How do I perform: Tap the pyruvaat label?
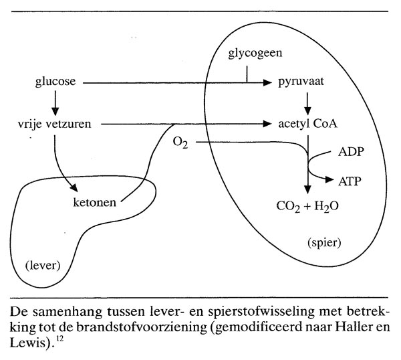pyautogui.click(x=305, y=84)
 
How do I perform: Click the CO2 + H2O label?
pyautogui.click(x=307, y=205)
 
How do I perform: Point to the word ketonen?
pyautogui.click(x=94, y=201)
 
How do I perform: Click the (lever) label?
pyautogui.click(x=41, y=265)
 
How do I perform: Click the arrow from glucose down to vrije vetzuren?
pyautogui.click(x=55, y=103)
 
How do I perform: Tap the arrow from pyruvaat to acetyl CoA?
pyautogui.click(x=308, y=104)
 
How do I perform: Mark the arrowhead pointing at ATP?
pyautogui.click(x=329, y=179)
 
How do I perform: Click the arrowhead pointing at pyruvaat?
pyautogui.click(x=272, y=84)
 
